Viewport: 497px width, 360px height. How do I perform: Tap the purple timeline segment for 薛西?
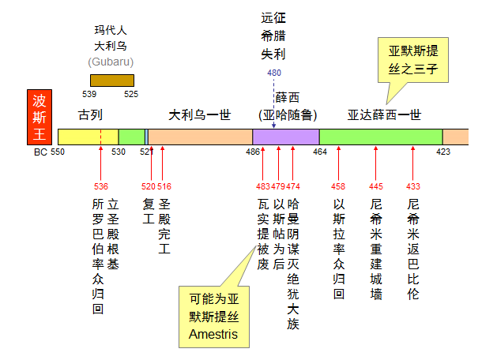[285, 137]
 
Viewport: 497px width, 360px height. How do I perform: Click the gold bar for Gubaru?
[112, 80]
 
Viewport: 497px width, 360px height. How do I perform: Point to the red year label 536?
[100, 186]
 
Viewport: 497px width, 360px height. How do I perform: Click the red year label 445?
[376, 186]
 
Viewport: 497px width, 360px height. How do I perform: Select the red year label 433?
[413, 186]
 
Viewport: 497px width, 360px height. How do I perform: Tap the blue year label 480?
[274, 73]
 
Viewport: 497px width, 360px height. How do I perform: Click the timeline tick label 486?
[253, 151]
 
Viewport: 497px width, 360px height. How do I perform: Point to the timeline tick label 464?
[319, 151]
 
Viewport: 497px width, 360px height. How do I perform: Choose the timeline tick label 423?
[443, 151]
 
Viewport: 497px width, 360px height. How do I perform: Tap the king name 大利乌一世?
[200, 114]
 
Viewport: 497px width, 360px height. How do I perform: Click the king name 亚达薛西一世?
[384, 114]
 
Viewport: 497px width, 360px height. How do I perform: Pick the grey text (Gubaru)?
[111, 61]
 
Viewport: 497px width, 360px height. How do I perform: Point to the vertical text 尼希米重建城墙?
[376, 249]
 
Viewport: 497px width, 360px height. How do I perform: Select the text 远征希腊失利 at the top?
[273, 36]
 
